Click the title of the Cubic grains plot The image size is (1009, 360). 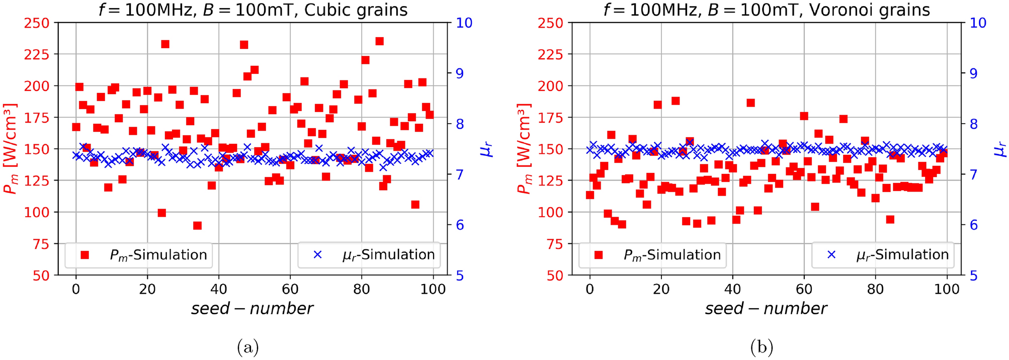point(253,10)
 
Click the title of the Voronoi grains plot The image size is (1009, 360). point(767,10)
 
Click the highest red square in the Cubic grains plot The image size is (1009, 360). point(379,41)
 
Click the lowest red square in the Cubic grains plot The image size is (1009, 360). point(197,226)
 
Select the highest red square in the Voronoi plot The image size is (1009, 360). point(676,101)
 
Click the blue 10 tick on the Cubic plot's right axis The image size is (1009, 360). point(463,23)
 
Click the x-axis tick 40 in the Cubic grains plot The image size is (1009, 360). point(219,289)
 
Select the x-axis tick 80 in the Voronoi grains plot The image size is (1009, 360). point(876,289)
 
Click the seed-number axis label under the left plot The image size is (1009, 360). point(252,308)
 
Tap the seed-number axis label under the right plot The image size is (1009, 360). point(766,308)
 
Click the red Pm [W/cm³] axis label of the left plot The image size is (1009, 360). point(11,149)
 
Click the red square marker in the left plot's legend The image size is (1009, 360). point(85,255)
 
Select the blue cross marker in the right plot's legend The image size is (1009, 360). point(831,255)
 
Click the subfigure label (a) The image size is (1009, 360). point(247,347)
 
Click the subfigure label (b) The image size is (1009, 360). point(762,347)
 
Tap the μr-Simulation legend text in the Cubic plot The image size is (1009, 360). point(388,255)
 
